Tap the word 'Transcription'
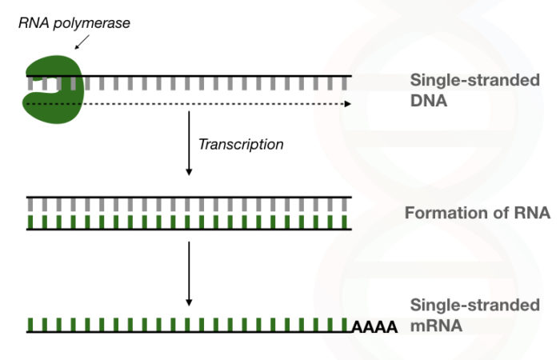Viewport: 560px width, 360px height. pos(241,145)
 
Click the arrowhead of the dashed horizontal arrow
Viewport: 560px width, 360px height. pos(346,104)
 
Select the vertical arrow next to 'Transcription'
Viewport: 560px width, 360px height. pos(189,144)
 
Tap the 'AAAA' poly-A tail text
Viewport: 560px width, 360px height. pos(375,327)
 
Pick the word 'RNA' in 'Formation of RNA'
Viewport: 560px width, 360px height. pos(530,214)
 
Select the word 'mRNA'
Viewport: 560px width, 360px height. pos(437,326)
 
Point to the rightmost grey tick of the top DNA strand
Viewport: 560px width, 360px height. pos(345,83)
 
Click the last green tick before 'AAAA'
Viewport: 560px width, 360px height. pos(345,325)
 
